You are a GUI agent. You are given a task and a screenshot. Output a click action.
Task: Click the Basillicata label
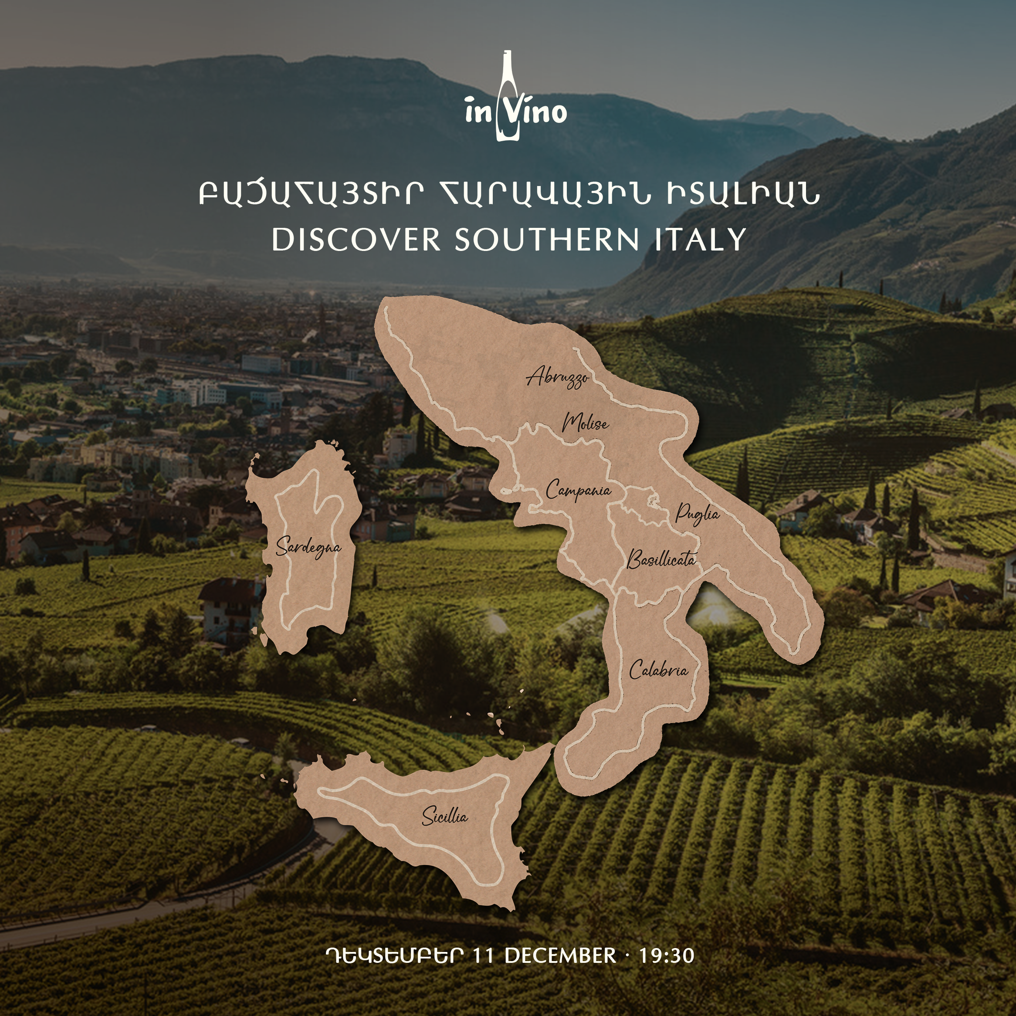click(x=661, y=559)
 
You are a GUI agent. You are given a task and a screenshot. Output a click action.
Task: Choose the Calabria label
click(x=658, y=671)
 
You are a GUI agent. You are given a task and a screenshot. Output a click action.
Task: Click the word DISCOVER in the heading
click(x=356, y=239)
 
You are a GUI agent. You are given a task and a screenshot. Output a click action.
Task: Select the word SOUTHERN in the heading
click(x=547, y=239)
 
